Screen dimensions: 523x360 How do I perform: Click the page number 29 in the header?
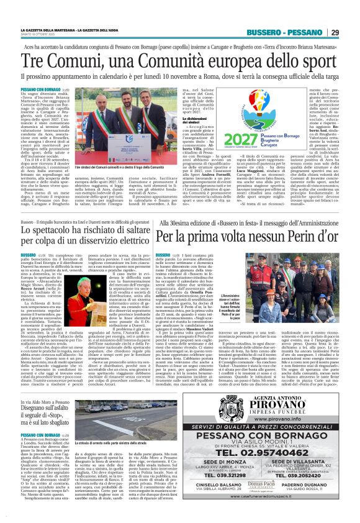coord(335,32)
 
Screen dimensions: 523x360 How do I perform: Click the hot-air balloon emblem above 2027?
coord(244,106)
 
